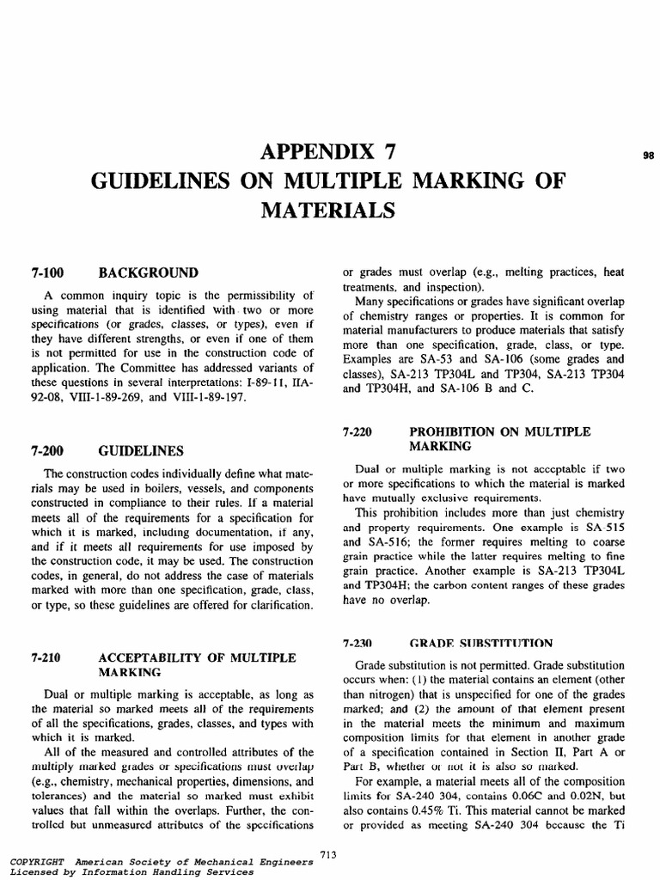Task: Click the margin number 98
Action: [650, 156]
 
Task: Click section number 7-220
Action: [357, 431]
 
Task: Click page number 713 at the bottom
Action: [327, 853]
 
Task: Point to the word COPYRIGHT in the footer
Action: [36, 860]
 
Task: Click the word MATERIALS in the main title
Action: [329, 211]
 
